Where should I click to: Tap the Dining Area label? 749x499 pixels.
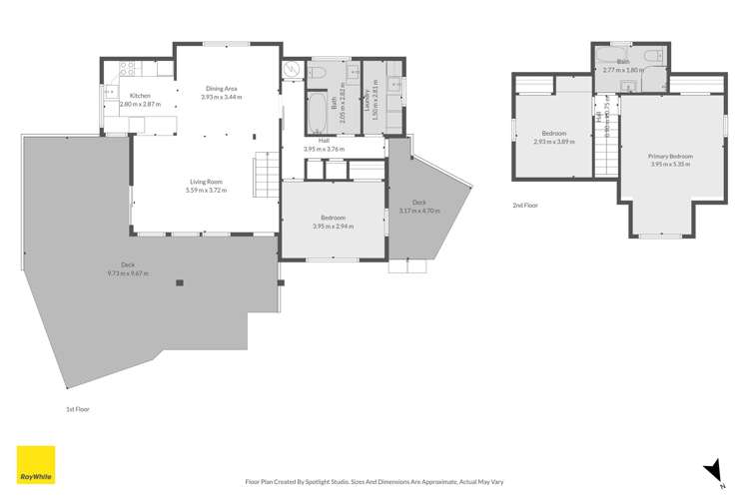[221, 88]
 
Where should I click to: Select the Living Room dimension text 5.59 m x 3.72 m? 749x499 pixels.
[207, 190]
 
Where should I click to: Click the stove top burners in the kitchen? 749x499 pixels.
[127, 69]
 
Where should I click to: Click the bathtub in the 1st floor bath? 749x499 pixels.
[319, 113]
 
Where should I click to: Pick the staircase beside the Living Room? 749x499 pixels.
[264, 177]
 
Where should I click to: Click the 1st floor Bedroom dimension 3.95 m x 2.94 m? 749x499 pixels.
[333, 227]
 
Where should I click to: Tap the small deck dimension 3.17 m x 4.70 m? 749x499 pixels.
[418, 212]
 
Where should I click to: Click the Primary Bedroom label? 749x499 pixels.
[671, 157]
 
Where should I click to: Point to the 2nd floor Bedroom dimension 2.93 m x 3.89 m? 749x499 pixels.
[554, 141]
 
